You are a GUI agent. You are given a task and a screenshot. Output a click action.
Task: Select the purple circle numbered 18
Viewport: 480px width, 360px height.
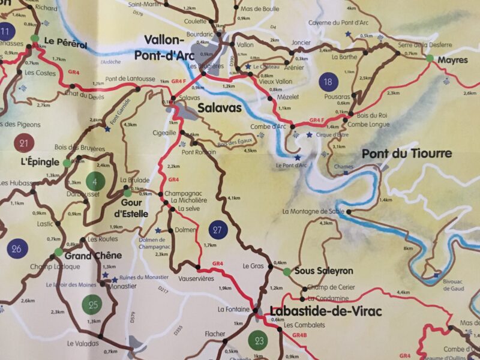[x=327, y=82]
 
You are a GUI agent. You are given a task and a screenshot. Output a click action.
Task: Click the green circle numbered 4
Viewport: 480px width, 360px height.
[x=95, y=181]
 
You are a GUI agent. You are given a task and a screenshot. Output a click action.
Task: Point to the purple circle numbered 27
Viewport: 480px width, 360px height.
[x=218, y=229]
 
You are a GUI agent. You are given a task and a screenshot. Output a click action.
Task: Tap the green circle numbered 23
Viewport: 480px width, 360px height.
[x=259, y=341]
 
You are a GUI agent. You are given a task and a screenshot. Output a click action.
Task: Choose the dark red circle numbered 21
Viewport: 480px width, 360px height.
[x=24, y=143]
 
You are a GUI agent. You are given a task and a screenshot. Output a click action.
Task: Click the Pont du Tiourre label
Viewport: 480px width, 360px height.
[x=407, y=154]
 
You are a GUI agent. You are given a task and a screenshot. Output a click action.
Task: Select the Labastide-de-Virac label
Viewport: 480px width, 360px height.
[x=326, y=311]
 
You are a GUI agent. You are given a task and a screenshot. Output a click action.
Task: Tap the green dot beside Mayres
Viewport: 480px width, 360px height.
[x=429, y=58]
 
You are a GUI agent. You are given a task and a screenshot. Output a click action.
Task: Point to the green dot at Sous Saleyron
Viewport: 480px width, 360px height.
[x=287, y=272]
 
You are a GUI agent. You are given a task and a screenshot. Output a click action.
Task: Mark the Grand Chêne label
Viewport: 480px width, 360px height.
[x=93, y=255]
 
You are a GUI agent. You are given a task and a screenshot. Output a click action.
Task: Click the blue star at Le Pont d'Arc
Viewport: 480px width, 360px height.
[x=296, y=157]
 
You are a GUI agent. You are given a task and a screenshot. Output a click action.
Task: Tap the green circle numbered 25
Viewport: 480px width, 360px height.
[x=93, y=305]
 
